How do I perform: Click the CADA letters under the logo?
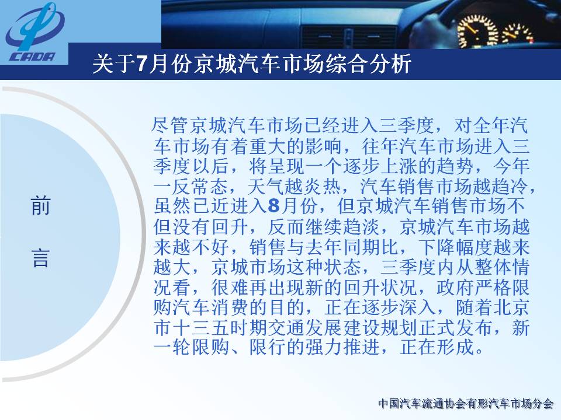(33, 57)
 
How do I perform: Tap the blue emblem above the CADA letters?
(34, 27)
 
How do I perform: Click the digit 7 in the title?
(141, 64)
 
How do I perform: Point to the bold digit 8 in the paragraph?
(273, 206)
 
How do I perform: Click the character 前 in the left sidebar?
(40, 206)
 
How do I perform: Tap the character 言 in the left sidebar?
(40, 257)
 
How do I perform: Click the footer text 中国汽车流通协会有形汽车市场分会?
(466, 404)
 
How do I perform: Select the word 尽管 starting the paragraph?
(170, 125)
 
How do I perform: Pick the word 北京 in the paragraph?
(510, 308)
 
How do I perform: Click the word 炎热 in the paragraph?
(321, 186)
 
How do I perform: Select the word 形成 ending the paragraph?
(455, 348)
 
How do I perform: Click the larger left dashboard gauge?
(477, 31)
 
